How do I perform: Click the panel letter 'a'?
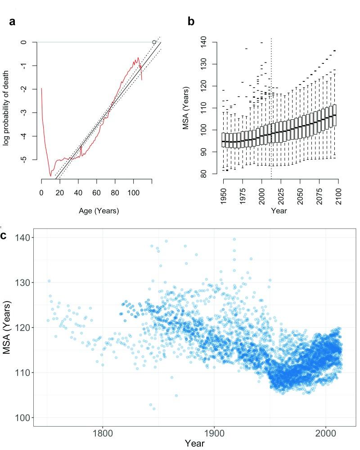13,22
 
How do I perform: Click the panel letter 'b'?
191,21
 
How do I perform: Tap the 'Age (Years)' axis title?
92,210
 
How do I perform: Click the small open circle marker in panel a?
154,42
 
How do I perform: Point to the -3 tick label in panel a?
22,112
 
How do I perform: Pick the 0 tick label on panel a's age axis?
41,192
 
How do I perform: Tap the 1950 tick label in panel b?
223,196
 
